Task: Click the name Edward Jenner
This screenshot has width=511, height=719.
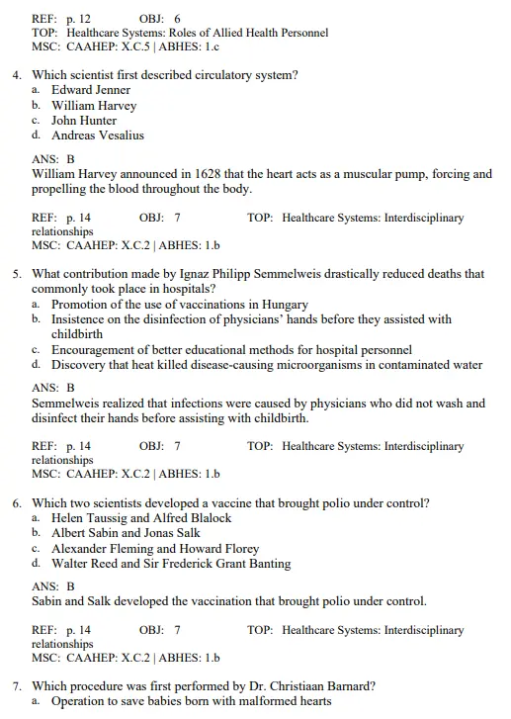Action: point(91,90)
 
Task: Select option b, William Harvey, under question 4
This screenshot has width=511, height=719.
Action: point(94,105)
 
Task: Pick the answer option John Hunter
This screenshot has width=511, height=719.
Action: point(84,120)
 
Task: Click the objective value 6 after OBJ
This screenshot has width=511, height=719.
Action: point(177,19)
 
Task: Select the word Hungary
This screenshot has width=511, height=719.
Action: point(285,305)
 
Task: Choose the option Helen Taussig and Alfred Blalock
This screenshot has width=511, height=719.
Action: point(141,518)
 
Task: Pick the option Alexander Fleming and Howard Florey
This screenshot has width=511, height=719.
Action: point(155,548)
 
